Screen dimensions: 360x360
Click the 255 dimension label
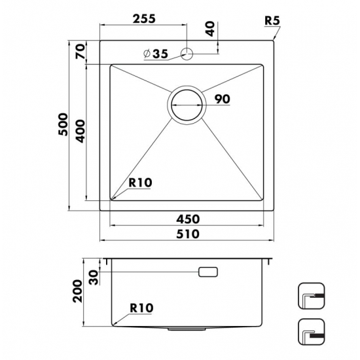(x=144, y=19)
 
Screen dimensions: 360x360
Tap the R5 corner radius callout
(x=272, y=20)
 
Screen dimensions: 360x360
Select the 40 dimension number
(x=210, y=29)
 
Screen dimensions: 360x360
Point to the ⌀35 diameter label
(x=156, y=54)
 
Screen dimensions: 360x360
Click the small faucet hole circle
(x=187, y=54)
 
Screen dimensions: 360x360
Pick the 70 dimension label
(x=81, y=52)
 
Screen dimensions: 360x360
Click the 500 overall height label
(x=63, y=124)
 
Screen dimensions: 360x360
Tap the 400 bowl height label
(x=81, y=131)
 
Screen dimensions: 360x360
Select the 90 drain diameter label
(x=222, y=99)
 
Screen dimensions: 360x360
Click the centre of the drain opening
(x=187, y=105)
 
